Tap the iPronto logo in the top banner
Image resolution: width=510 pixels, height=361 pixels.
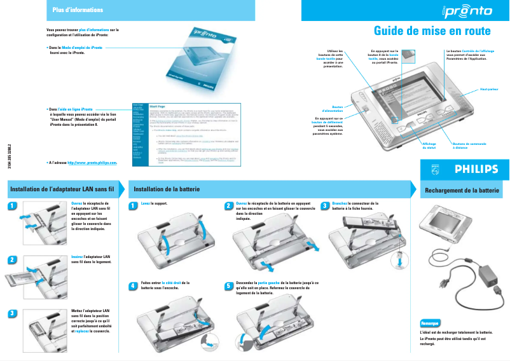click(467, 10)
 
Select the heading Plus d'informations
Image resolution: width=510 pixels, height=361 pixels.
click(78, 10)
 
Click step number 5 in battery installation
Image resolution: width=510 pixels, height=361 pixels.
click(229, 285)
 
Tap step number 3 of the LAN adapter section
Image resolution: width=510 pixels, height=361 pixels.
click(11, 313)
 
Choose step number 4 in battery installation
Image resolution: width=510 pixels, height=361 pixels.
click(132, 285)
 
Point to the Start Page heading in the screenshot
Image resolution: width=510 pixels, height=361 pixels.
click(157, 106)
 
